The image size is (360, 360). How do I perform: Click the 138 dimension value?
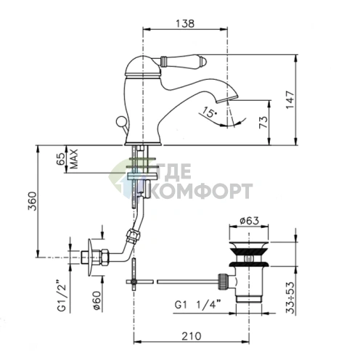(x=185, y=23)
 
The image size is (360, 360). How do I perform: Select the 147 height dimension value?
(x=290, y=100)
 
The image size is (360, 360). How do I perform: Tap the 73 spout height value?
(x=263, y=122)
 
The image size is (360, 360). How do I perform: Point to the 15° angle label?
(x=208, y=112)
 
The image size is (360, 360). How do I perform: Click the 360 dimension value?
(x=32, y=201)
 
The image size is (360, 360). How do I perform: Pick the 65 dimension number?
(x=61, y=159)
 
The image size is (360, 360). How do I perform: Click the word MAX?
(x=74, y=159)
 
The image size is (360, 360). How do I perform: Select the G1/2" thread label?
(x=62, y=295)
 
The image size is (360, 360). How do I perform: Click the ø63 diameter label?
(x=249, y=221)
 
